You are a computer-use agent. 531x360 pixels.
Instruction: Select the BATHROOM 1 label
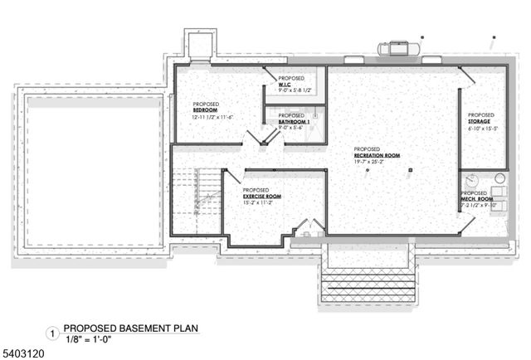[293, 122]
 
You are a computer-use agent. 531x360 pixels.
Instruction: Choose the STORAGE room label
[480, 122]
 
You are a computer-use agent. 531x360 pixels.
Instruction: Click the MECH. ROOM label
[479, 199]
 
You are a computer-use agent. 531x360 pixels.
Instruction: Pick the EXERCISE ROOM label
[261, 196]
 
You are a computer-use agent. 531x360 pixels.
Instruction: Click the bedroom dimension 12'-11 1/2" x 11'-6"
[212, 117]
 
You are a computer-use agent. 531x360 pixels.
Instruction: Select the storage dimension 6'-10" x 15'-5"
[481, 129]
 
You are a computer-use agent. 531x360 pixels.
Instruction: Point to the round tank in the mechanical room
[471, 179]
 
